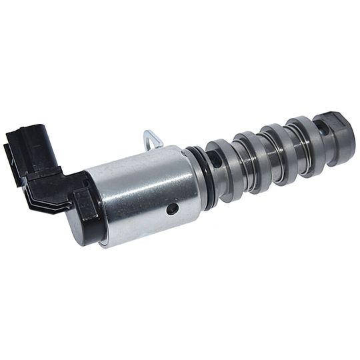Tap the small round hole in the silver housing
(x=173, y=209)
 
